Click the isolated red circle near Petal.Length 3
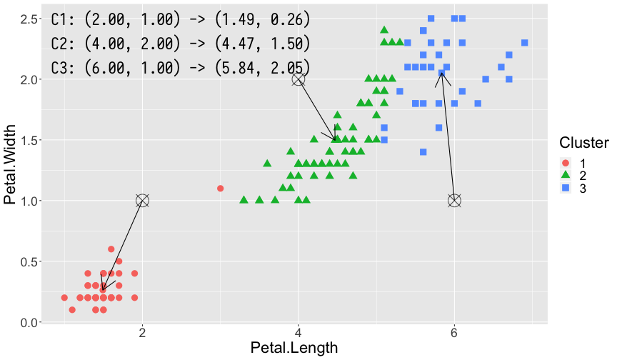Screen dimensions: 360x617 pos(220,189)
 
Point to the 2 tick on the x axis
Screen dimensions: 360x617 pos(142,333)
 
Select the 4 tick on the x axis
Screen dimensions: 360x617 pos(299,333)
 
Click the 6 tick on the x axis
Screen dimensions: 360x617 pos(454,333)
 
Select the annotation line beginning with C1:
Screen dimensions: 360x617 pos(181,19)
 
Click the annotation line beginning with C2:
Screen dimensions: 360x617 pos(181,44)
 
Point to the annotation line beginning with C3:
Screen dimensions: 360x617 pos(181,68)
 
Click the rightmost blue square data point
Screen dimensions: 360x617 pos(524,43)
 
